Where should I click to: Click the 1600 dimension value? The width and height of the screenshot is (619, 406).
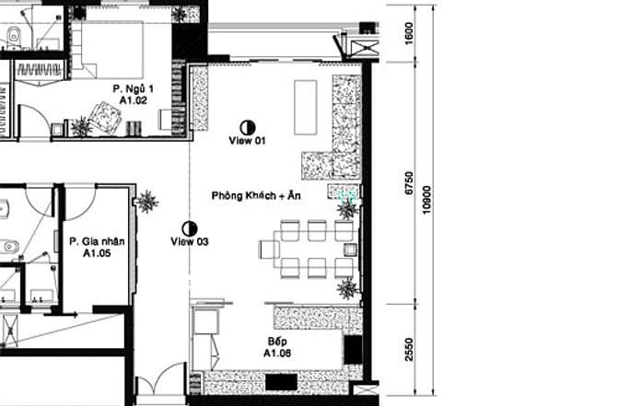click(409, 33)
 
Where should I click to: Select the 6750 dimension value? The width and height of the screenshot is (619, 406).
click(409, 182)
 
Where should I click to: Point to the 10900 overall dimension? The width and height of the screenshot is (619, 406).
click(426, 200)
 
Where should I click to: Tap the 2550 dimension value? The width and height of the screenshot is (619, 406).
click(409, 350)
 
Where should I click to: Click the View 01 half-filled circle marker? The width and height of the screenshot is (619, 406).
click(248, 127)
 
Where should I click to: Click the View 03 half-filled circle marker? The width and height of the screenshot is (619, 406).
click(190, 228)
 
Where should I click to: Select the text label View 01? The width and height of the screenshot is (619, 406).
click(247, 141)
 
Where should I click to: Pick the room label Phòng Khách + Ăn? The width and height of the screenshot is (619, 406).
click(256, 195)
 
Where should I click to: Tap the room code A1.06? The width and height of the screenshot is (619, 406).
click(277, 354)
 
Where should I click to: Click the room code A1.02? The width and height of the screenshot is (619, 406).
click(134, 100)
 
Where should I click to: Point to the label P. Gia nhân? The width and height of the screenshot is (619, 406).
click(97, 241)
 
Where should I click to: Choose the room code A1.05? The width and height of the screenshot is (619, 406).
click(97, 253)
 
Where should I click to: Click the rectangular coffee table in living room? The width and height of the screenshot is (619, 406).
click(306, 108)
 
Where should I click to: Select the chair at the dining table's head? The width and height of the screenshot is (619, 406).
click(269, 249)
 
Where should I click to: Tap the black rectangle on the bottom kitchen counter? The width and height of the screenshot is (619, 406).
click(281, 382)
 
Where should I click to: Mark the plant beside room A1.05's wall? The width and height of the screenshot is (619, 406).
click(146, 202)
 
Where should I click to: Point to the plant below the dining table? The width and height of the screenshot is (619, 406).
click(348, 288)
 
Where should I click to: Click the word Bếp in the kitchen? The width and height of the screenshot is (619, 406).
click(277, 342)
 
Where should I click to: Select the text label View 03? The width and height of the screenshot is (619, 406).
click(190, 241)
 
